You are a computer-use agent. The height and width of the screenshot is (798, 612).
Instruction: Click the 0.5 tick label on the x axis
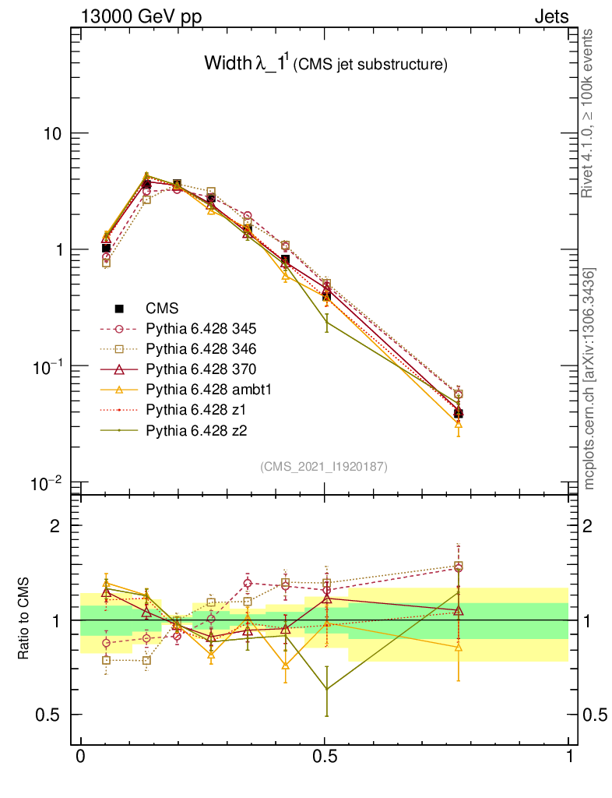[325, 757]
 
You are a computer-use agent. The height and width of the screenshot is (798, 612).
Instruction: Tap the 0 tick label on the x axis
[80, 757]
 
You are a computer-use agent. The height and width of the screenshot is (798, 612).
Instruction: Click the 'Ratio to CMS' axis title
[24, 619]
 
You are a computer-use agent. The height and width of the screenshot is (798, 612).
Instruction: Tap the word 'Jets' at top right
[550, 16]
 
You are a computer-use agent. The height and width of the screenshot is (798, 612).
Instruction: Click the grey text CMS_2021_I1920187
[324, 466]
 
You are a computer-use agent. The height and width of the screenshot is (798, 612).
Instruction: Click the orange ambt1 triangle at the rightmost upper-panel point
[459, 424]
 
